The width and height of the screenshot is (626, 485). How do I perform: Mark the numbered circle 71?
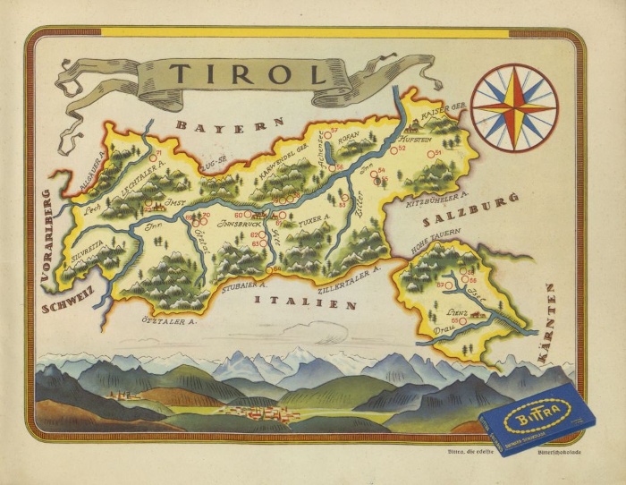click(155, 160)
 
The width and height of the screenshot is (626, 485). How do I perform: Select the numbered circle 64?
click(267, 269)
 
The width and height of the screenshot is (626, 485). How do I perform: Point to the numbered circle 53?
click(343, 199)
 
